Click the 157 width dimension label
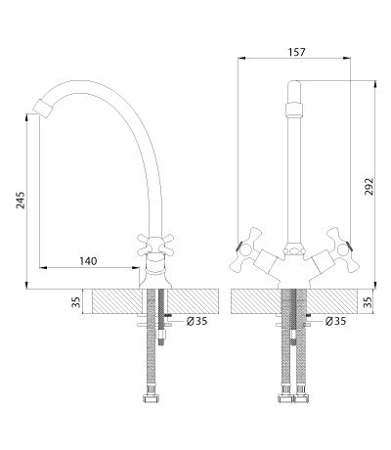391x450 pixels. (x=297, y=52)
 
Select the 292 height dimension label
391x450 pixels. (x=369, y=187)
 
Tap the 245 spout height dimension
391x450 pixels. (x=21, y=200)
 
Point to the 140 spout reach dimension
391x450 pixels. (x=88, y=261)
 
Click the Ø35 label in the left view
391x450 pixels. (x=196, y=321)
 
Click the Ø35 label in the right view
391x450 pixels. (x=335, y=321)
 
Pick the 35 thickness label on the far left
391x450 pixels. (x=76, y=301)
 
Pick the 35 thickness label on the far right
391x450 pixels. (x=369, y=301)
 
